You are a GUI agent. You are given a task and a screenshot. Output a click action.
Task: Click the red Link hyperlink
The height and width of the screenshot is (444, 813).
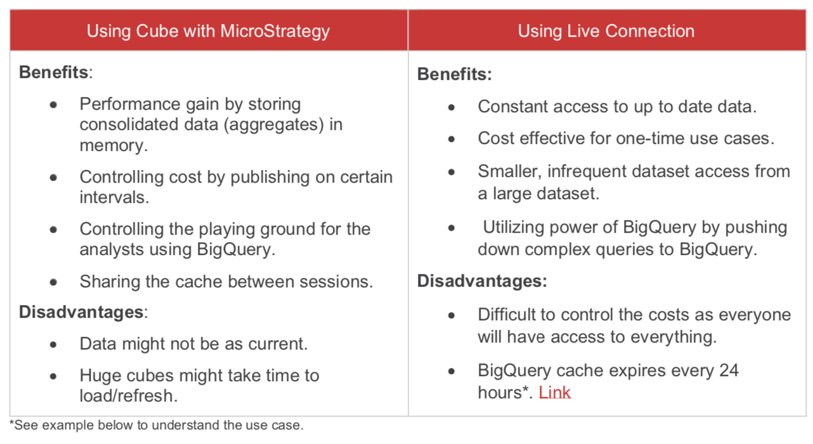[x=555, y=393]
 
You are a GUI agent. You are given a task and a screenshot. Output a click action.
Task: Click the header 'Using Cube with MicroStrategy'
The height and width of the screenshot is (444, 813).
[x=208, y=31]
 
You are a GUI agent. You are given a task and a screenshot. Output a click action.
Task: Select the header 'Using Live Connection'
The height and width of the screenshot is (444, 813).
[x=606, y=31]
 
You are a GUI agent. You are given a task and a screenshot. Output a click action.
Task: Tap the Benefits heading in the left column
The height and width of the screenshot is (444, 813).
[x=55, y=72]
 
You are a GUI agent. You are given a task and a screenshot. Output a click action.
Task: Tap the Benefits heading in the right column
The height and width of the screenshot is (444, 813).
[x=454, y=75]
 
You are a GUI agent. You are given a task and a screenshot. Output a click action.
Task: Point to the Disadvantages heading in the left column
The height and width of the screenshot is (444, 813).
[x=82, y=312]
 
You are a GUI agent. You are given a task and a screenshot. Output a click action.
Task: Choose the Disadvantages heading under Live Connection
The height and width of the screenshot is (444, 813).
[x=482, y=282]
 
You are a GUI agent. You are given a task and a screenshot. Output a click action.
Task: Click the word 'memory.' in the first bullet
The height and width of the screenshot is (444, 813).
[x=114, y=146]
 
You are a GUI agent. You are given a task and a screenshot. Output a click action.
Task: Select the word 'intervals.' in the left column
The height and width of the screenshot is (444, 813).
[x=114, y=197]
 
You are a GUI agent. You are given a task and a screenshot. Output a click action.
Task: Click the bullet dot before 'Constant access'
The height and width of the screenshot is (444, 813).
[x=452, y=107]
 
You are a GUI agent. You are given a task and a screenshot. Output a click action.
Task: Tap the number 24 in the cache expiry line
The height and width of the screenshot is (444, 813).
[x=728, y=370]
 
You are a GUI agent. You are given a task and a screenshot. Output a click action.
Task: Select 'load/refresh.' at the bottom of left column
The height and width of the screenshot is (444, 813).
[x=127, y=396]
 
